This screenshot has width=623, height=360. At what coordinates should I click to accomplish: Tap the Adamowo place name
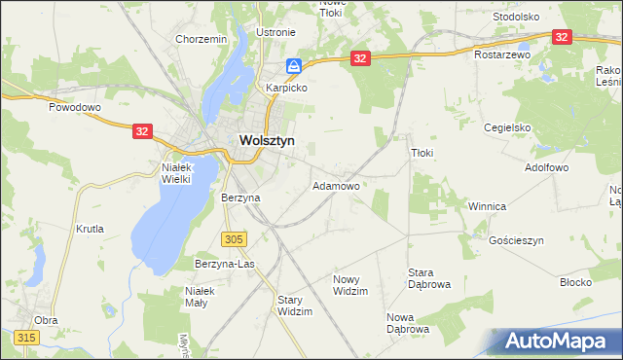[x=336, y=185]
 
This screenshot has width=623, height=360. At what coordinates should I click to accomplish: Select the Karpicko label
[x=288, y=87]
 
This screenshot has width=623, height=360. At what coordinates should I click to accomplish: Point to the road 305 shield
[x=234, y=238]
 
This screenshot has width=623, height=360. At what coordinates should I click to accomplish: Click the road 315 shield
[x=26, y=337]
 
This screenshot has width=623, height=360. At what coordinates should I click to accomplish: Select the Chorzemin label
[x=202, y=39]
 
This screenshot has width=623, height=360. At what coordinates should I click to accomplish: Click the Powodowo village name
[x=76, y=108]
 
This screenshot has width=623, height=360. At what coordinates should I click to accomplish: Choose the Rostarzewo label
[x=501, y=55]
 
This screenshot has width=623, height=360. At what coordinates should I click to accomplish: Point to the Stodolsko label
[x=516, y=17]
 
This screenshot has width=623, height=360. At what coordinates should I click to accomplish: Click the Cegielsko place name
[x=507, y=127]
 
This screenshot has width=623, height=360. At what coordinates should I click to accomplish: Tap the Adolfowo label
[x=546, y=167]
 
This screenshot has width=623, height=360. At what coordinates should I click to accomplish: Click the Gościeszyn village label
[x=516, y=239]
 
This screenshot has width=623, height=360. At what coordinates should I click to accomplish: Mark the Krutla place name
[x=90, y=230]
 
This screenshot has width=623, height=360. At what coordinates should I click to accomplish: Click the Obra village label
[x=46, y=319]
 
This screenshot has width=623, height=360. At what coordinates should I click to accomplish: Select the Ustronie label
[x=275, y=32]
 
